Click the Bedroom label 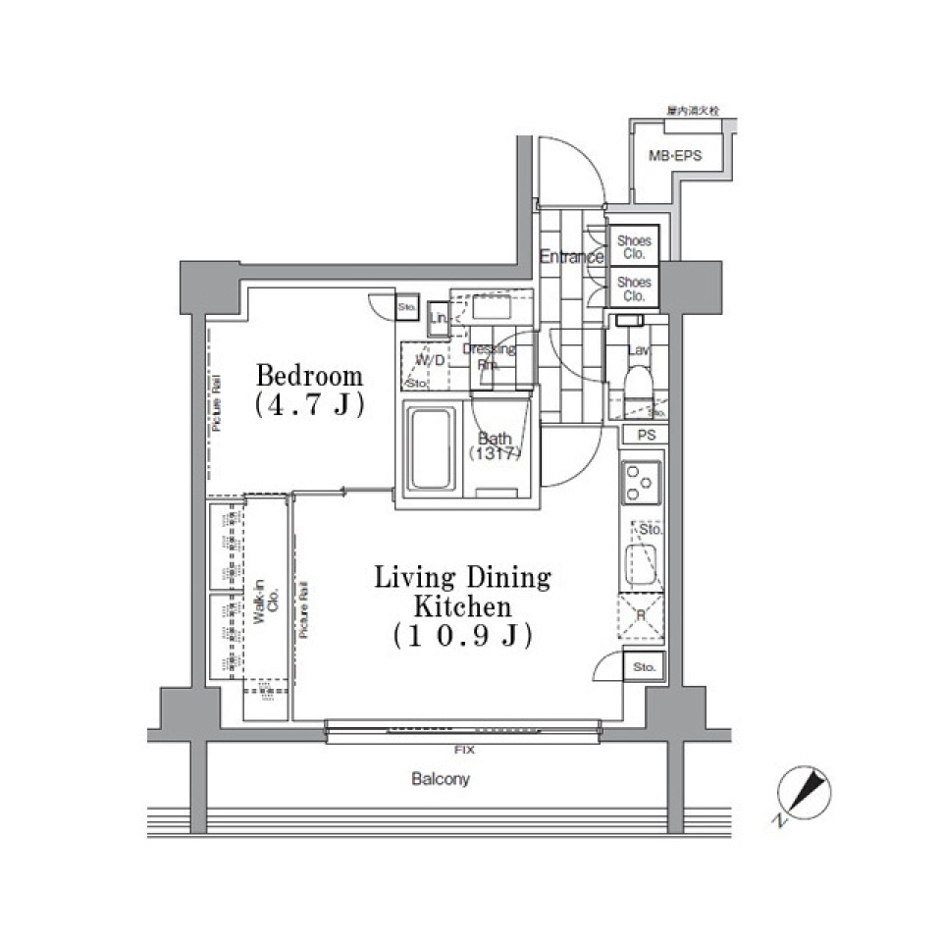coord(309,376)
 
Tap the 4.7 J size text coord(309,405)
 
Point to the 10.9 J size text coord(462,636)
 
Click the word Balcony coord(441,780)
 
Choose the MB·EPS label coord(674,155)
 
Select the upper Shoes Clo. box coord(633,247)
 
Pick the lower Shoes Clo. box coord(633,288)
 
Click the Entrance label coord(570,258)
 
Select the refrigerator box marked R coord(642,616)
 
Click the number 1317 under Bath coord(494,454)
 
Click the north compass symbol coord(804,794)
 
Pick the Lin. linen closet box coord(439,319)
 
